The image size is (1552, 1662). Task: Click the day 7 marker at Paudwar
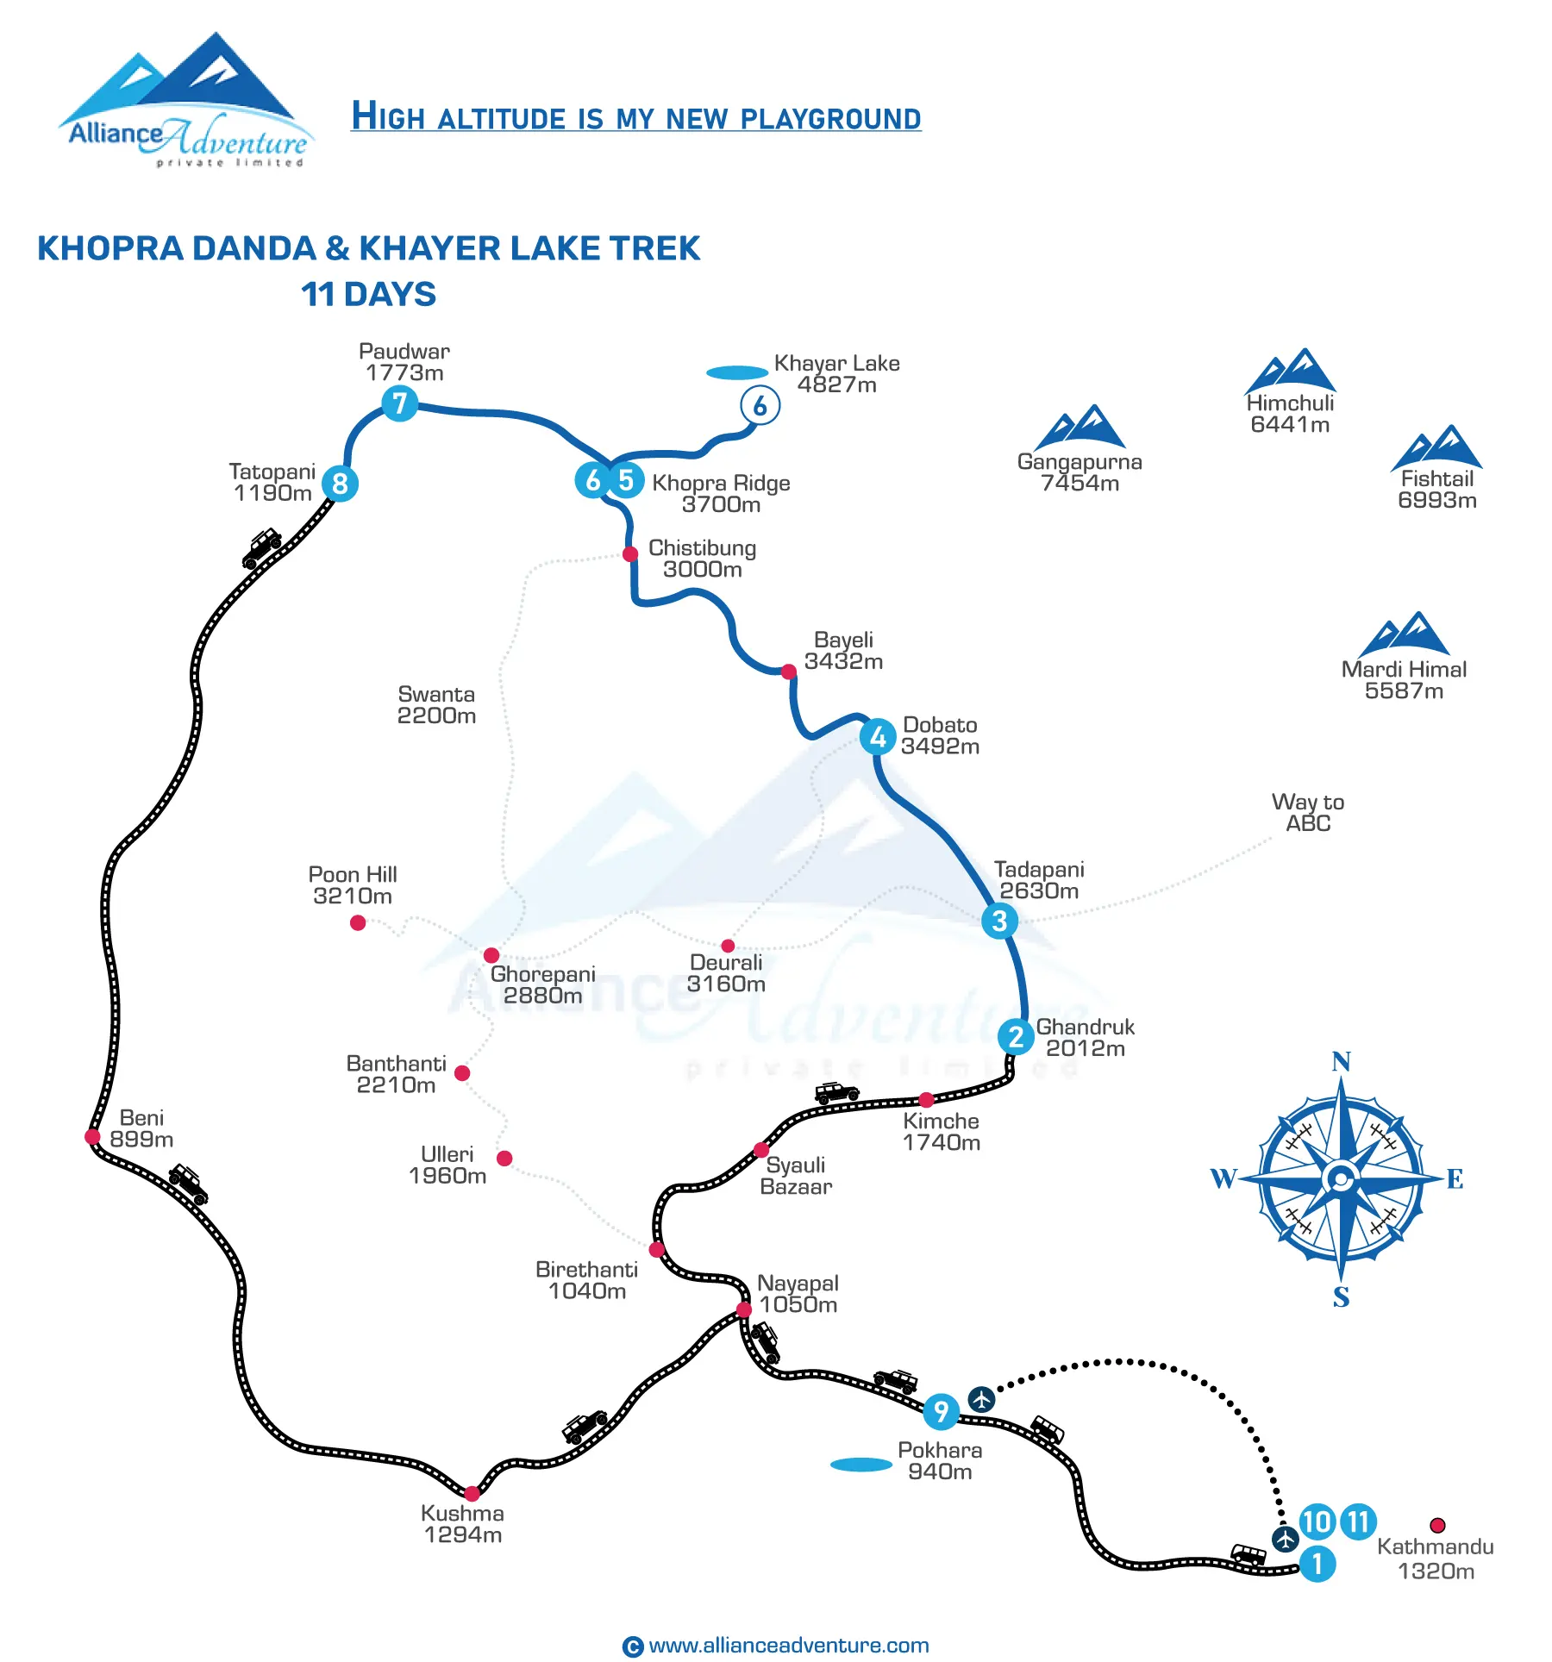(x=399, y=403)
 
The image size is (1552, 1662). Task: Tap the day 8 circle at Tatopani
(x=340, y=484)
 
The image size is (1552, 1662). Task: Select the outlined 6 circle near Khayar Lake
(x=760, y=406)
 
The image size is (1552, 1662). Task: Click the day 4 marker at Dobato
(x=878, y=737)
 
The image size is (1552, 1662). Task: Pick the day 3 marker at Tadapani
(x=999, y=921)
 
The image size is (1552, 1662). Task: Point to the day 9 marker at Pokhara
(x=941, y=1411)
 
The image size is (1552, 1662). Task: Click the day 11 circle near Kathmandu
(x=1358, y=1521)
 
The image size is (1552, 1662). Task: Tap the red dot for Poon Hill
(x=358, y=923)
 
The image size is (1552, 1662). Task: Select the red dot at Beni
(x=93, y=1136)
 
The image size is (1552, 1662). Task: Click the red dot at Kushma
(x=472, y=1493)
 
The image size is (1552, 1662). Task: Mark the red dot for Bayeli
(x=788, y=672)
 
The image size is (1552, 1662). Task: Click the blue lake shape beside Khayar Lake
(x=736, y=373)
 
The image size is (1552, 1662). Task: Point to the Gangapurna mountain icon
(x=1080, y=428)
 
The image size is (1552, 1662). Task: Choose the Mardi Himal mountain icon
(x=1404, y=634)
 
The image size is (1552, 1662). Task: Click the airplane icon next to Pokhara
(x=981, y=1399)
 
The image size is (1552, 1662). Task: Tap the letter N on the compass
(x=1341, y=1062)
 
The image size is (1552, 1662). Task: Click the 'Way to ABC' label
(x=1307, y=813)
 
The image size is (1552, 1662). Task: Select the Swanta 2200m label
(x=436, y=705)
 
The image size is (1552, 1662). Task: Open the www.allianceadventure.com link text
(x=788, y=1645)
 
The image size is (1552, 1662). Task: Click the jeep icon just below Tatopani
(x=262, y=547)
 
